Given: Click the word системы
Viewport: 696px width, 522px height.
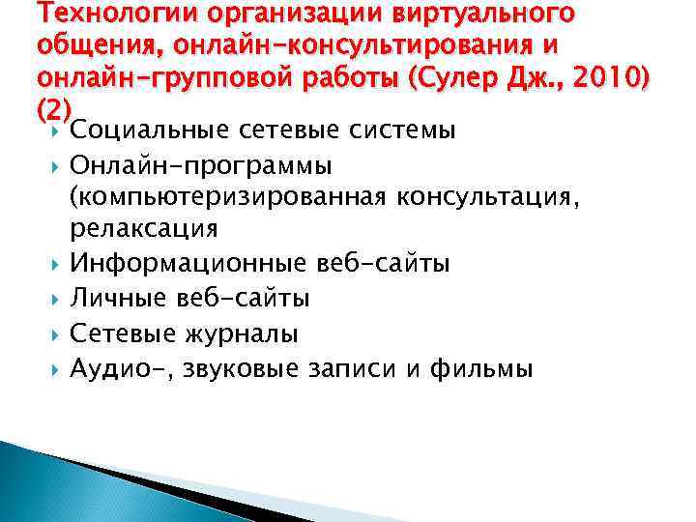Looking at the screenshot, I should [396, 130].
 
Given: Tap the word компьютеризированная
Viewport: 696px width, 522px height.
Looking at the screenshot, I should [226, 197].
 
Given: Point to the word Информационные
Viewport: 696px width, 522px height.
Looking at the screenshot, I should [189, 263].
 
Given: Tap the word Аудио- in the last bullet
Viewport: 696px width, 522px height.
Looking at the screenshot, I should [108, 368].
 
